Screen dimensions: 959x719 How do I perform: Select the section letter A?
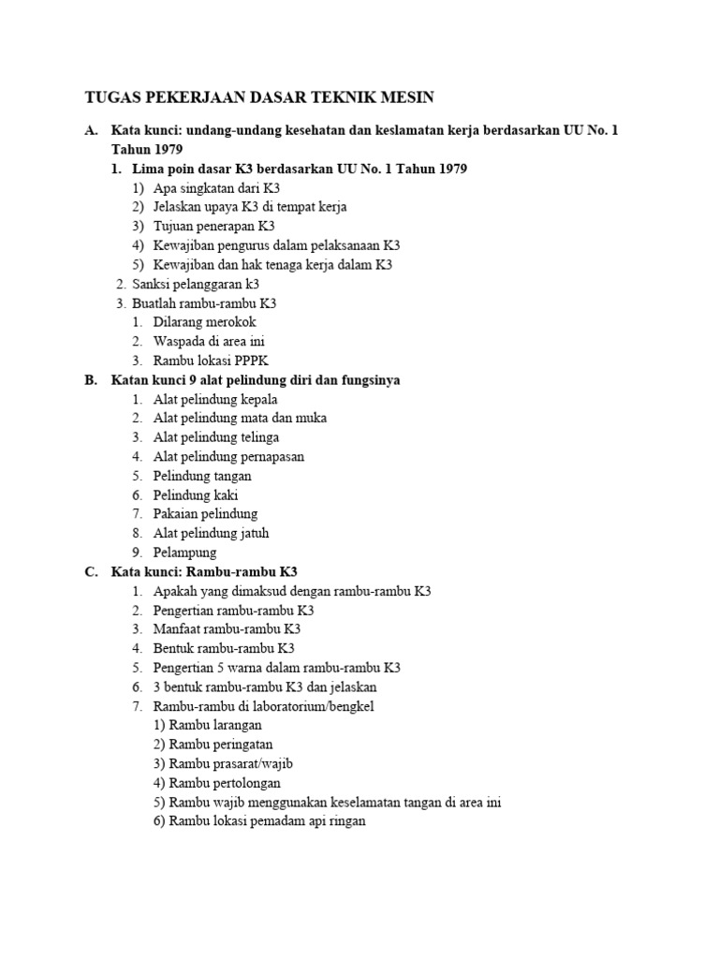91,130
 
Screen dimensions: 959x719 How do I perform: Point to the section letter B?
91,379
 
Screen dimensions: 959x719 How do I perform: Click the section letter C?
91,571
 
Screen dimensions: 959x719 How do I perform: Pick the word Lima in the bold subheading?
149,169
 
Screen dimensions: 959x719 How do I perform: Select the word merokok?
230,322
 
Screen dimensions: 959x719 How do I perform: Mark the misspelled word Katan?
131,379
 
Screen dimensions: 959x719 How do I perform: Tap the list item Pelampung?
184,553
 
